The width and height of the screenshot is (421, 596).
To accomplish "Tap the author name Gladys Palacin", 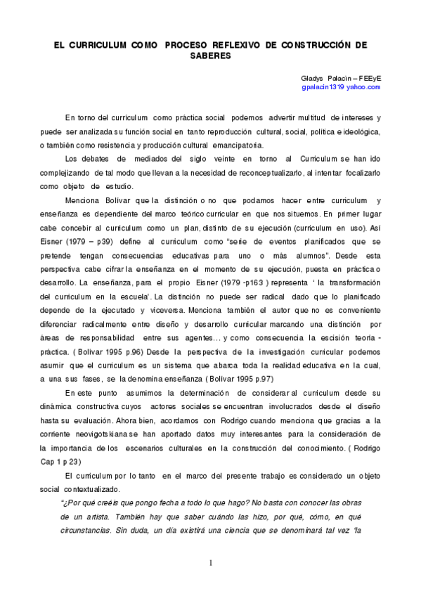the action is [x=320, y=78].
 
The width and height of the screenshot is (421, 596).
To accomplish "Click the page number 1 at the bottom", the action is [x=210, y=562].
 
